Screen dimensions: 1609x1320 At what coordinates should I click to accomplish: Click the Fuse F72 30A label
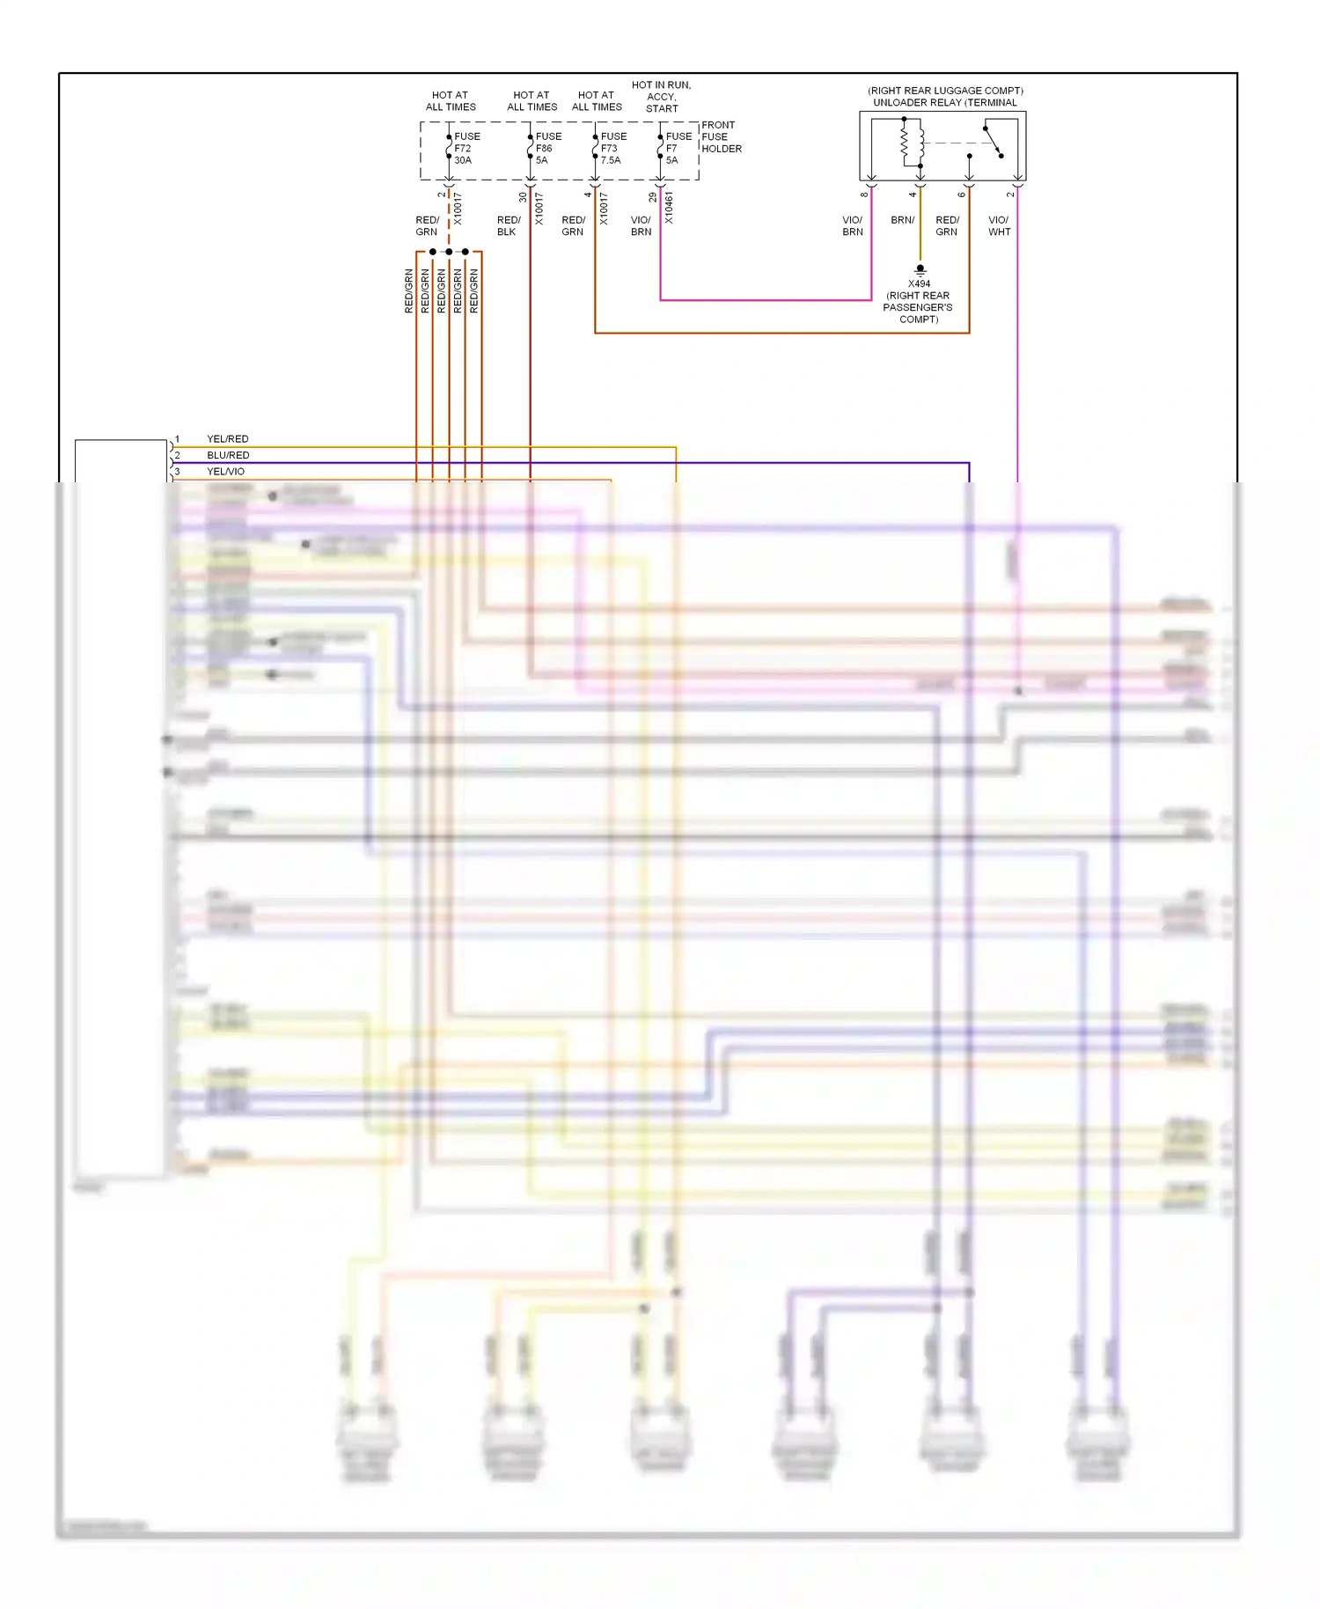pyautogui.click(x=466, y=148)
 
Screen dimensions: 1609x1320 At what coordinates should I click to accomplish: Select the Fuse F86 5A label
pyautogui.click(x=547, y=148)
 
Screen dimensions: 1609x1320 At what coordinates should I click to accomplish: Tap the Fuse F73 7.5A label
pyautogui.click(x=612, y=148)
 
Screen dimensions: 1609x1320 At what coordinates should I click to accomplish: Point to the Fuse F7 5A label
pyautogui.click(x=678, y=148)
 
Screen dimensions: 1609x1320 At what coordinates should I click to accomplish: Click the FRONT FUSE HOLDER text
pyautogui.click(x=721, y=136)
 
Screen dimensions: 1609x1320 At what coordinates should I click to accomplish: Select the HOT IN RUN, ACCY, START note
pyautogui.click(x=662, y=97)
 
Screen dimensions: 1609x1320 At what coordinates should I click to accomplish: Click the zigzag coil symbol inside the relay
pyautogui.click(x=904, y=143)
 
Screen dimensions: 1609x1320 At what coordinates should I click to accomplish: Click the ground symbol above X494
pyautogui.click(x=920, y=270)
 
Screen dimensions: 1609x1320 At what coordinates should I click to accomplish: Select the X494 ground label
pyautogui.click(x=919, y=283)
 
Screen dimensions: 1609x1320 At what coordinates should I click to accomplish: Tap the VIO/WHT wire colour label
pyautogui.click(x=999, y=226)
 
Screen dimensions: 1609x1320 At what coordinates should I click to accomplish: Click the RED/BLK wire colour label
pyautogui.click(x=508, y=226)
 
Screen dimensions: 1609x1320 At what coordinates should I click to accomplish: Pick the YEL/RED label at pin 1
pyautogui.click(x=227, y=438)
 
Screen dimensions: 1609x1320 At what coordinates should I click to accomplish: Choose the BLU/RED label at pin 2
pyautogui.click(x=228, y=455)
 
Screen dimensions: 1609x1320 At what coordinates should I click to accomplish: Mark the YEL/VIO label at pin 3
pyautogui.click(x=225, y=472)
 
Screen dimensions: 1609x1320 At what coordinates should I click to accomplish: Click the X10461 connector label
pyautogui.click(x=669, y=208)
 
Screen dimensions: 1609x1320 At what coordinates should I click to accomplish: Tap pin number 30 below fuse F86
pyautogui.click(x=523, y=197)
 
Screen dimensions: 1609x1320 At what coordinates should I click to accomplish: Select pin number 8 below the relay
pyautogui.click(x=864, y=194)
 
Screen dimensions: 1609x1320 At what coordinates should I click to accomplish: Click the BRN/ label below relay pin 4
pyautogui.click(x=902, y=220)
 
